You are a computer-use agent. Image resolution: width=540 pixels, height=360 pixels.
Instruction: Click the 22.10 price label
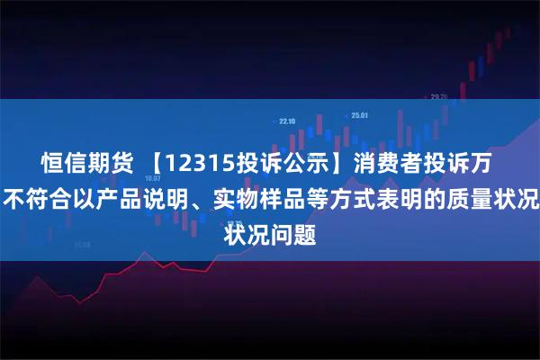[288, 121]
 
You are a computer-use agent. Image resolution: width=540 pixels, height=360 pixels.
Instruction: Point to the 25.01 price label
[360, 115]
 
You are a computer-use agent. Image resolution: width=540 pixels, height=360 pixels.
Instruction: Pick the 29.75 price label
[440, 97]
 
